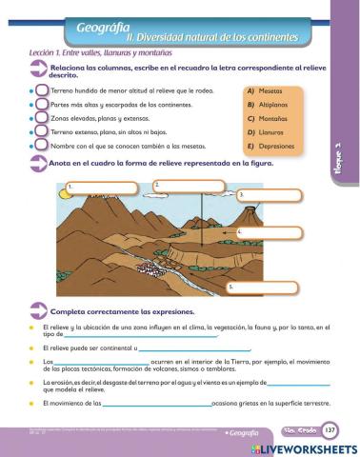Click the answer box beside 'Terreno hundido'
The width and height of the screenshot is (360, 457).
[42, 90]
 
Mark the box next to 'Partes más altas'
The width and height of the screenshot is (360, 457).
[42, 105]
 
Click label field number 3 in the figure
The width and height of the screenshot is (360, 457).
[272, 195]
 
